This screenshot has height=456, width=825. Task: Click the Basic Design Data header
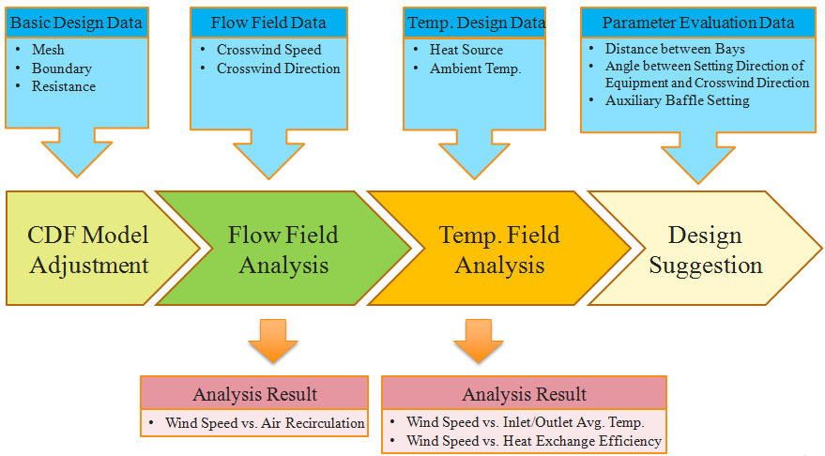point(77,23)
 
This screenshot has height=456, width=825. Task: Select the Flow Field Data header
point(268,23)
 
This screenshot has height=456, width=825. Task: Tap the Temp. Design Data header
point(475,23)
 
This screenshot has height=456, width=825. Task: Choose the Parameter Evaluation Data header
point(698,23)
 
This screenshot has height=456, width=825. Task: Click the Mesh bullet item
point(48,50)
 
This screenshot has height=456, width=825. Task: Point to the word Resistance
point(64,86)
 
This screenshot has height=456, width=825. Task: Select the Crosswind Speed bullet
point(268,50)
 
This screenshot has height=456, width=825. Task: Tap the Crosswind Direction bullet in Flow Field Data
point(279,68)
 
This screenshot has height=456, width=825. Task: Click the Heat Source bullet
point(466,50)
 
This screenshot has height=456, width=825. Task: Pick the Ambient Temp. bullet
point(475,68)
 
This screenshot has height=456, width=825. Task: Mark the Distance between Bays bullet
point(675,49)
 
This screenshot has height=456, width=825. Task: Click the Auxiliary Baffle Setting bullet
point(677,100)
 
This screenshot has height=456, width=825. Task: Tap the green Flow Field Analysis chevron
point(283,249)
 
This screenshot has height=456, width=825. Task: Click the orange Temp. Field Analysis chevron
point(499,249)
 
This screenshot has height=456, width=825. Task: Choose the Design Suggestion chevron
point(705,249)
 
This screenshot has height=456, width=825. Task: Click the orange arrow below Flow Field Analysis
point(273,341)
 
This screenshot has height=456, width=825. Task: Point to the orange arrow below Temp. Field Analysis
point(479,341)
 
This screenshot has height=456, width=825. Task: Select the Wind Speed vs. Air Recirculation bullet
point(265,423)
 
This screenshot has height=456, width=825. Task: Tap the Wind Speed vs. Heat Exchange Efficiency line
point(534,441)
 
